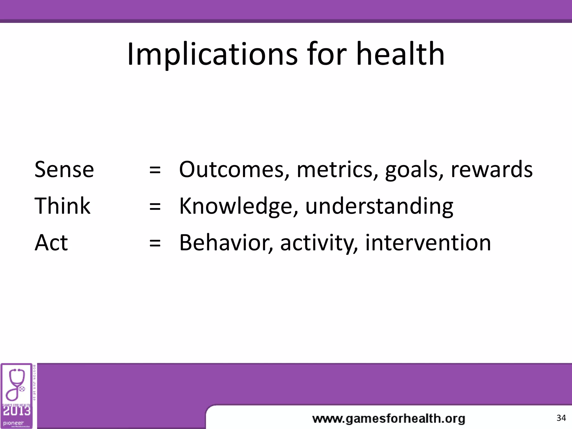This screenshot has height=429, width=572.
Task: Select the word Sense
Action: tap(64, 169)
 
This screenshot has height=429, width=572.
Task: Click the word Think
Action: tap(62, 206)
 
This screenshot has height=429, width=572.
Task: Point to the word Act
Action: tap(51, 242)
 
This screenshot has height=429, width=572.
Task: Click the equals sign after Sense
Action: tap(155, 170)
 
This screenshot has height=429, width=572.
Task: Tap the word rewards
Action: tap(492, 169)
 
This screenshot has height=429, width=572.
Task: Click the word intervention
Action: tap(428, 242)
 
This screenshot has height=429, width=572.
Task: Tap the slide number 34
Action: tap(561, 418)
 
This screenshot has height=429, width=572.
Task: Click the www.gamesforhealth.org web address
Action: tap(389, 419)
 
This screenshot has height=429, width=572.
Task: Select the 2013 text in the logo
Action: tap(16, 411)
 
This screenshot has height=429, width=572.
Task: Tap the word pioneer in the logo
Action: tap(13, 423)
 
